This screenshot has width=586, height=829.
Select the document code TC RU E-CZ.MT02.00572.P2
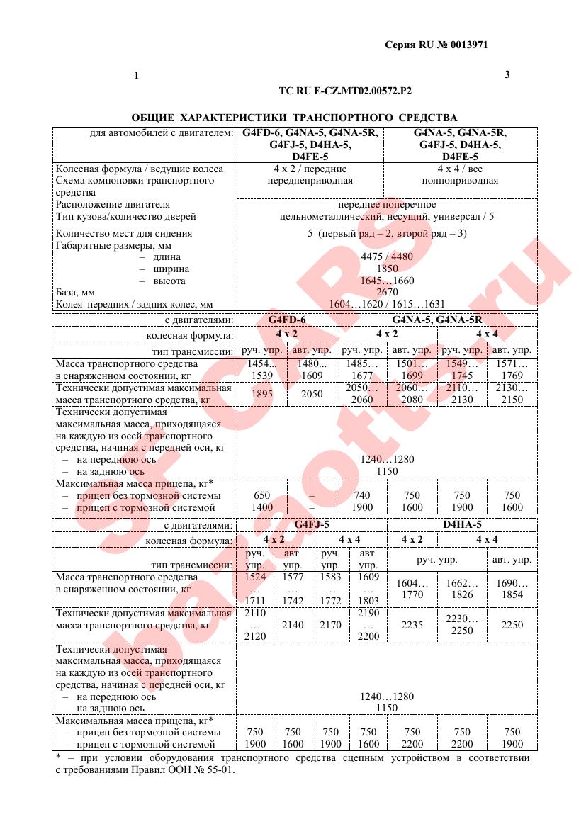pos(345,91)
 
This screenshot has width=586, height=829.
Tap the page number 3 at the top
pos(507,74)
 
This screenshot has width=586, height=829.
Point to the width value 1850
pos(387,269)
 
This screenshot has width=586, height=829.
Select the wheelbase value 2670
pos(387,292)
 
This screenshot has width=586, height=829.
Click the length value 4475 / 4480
pos(387,256)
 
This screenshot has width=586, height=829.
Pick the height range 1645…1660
pos(387,281)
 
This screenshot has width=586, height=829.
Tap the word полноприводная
pos(460,180)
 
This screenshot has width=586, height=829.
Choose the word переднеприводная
pos(310,180)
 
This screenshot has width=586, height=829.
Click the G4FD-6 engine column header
pos(287,320)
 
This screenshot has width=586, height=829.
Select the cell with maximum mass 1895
pos(262,394)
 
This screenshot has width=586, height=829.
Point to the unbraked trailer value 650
pos(262,495)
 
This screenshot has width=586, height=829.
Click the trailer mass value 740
pos(362,495)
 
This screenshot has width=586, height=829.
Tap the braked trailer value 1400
pos(262,507)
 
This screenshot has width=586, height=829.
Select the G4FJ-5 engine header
pos(312,525)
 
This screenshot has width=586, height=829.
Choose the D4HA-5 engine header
pos(462,525)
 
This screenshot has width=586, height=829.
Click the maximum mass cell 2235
pos(412,625)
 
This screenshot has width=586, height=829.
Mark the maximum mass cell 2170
pos(330,625)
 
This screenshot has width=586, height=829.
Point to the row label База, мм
pos(75,292)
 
